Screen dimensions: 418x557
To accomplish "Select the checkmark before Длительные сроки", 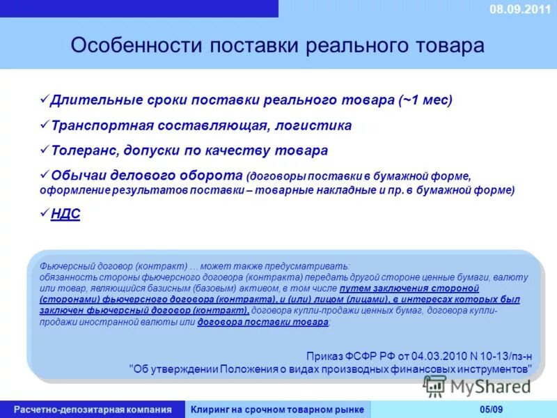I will click(x=44, y=100).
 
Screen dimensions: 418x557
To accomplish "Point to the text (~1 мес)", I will click(x=425, y=100).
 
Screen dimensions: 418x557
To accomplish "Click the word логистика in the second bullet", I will click(x=313, y=125).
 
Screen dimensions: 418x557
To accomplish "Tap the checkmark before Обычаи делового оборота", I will click(x=44, y=174).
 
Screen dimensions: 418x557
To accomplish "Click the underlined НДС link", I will click(x=65, y=214).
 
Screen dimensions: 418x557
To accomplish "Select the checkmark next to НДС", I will click(x=44, y=213).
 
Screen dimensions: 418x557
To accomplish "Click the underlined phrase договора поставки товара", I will click(x=262, y=322).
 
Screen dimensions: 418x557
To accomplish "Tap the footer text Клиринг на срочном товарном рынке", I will click(x=277, y=409).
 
